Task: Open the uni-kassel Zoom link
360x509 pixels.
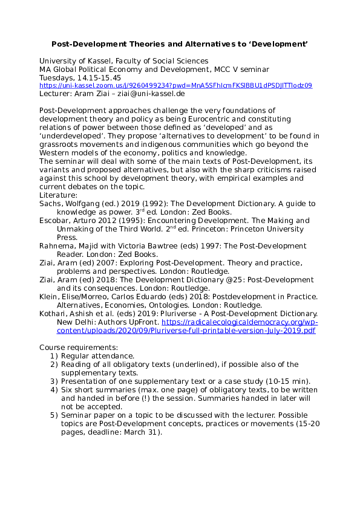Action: [x=175, y=86]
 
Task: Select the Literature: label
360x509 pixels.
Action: [x=58, y=195]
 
